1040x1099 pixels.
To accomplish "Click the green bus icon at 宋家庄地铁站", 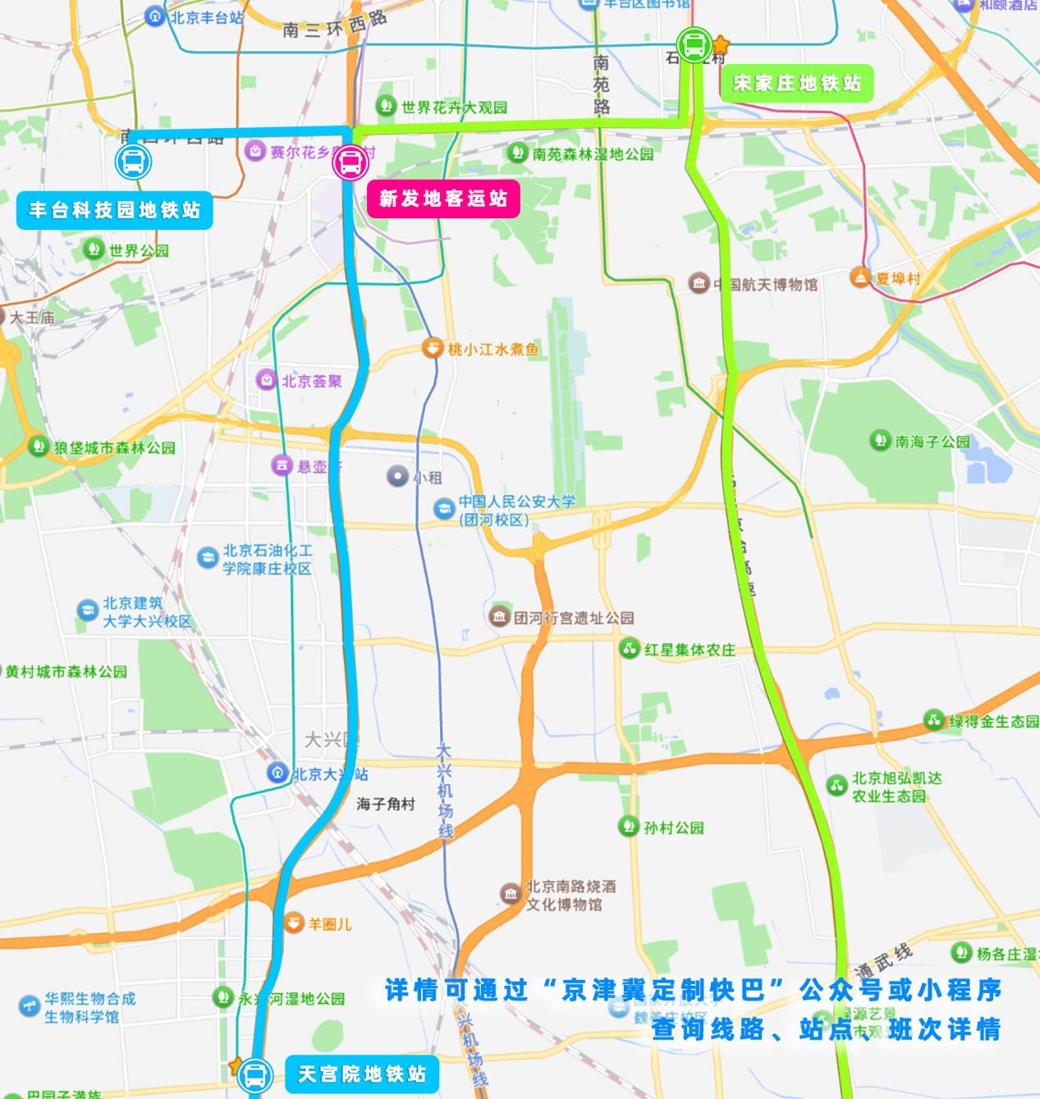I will pyautogui.click(x=694, y=45).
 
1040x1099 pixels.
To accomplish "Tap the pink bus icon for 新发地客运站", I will pyautogui.click(x=349, y=163).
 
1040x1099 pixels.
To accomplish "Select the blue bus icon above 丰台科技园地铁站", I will pyautogui.click(x=133, y=162).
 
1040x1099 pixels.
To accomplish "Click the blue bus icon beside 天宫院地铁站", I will pyautogui.click(x=255, y=1074).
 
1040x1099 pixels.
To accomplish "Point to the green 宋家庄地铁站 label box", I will pyautogui.click(x=796, y=83).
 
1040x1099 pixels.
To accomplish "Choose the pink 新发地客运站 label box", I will pyautogui.click(x=443, y=199).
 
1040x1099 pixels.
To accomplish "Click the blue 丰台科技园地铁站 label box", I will pyautogui.click(x=115, y=211).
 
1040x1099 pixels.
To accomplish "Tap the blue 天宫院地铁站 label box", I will pyautogui.click(x=361, y=1074).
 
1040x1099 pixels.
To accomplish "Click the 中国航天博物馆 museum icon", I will pyautogui.click(x=699, y=285).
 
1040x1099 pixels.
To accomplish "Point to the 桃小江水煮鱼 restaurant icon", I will pyautogui.click(x=432, y=349).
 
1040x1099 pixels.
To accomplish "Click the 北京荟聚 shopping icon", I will pyautogui.click(x=267, y=381).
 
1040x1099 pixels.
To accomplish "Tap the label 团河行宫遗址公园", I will pyautogui.click(x=574, y=618).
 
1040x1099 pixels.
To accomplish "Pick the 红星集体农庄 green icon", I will pyautogui.click(x=630, y=649).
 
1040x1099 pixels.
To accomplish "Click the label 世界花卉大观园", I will pyautogui.click(x=454, y=108).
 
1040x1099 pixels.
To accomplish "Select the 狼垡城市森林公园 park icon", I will pyautogui.click(x=39, y=447).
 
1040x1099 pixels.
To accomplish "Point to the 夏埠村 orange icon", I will pyautogui.click(x=860, y=278).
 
